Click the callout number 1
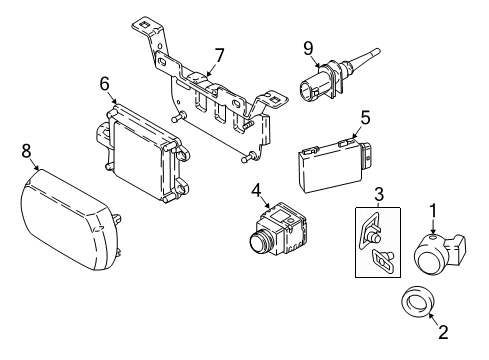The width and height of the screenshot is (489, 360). point(434,238)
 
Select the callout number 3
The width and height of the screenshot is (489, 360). point(379,193)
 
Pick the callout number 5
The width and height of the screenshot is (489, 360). point(364,117)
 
